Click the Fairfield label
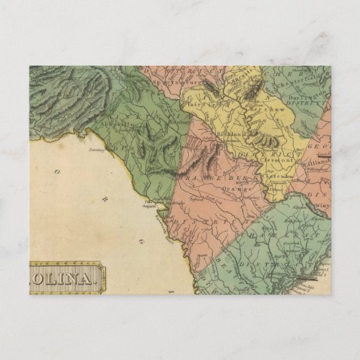(x=197, y=105)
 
